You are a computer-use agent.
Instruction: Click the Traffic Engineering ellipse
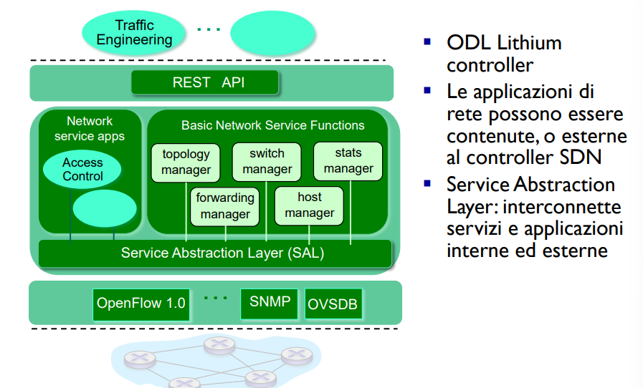coord(133,33)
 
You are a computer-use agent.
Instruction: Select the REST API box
coord(204,82)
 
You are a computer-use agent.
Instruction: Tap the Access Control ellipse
coord(82,170)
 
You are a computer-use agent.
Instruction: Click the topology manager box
coord(186,163)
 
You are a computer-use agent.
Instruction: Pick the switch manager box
coord(267,162)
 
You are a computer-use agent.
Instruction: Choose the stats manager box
coord(348,161)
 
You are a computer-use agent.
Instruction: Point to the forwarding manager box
coord(224,206)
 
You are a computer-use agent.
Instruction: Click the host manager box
coord(309,205)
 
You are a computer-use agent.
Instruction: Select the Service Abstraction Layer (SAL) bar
coord(215,253)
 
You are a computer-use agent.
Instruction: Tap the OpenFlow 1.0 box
coord(141,304)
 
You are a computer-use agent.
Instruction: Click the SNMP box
coord(269,304)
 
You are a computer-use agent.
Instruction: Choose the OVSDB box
coord(333,304)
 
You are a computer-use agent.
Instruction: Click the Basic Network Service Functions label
coord(273,125)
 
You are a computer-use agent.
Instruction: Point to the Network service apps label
coord(90,129)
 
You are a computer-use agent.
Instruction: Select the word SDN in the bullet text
coord(581,157)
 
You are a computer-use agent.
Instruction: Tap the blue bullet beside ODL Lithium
coord(427,42)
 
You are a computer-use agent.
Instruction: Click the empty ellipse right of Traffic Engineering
coord(272,33)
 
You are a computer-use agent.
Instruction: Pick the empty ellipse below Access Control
coord(105,208)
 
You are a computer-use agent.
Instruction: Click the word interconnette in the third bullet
coord(562,206)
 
